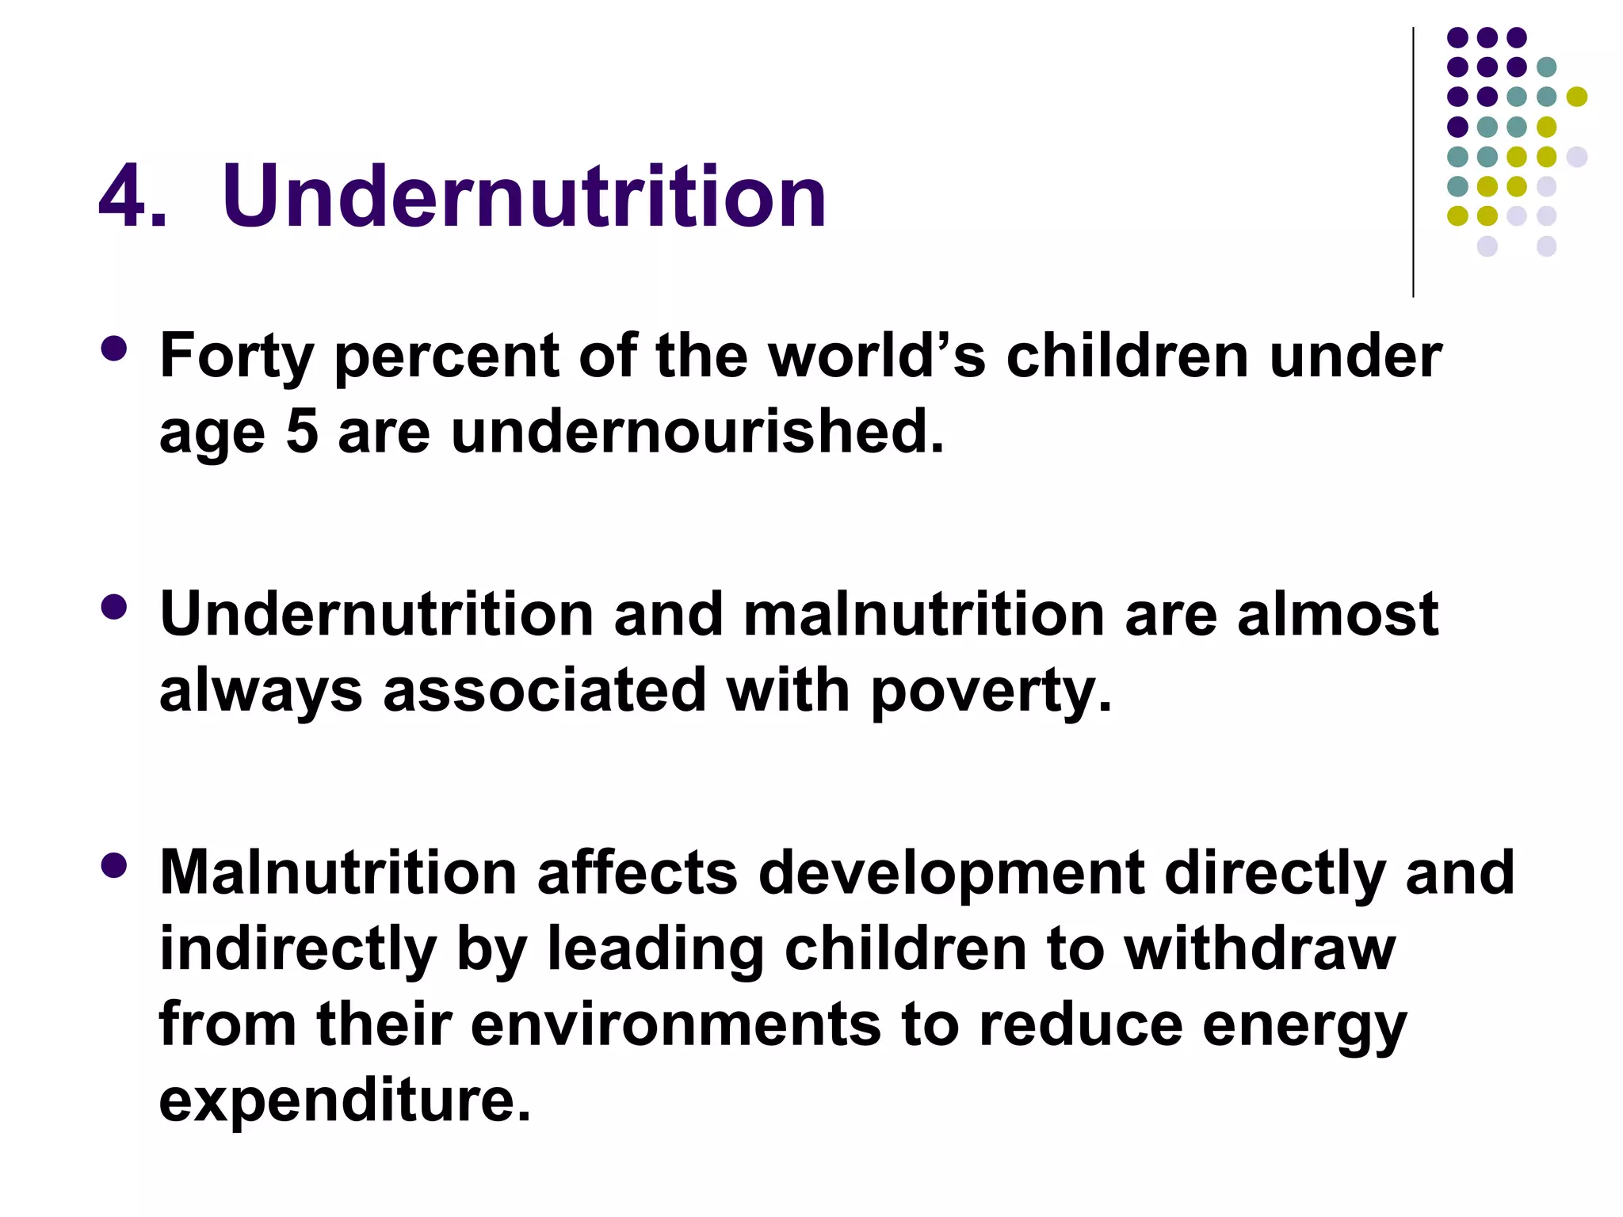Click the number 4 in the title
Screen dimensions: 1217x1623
coord(124,196)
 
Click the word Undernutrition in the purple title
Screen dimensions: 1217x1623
coord(524,196)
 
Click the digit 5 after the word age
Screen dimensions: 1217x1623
coord(301,433)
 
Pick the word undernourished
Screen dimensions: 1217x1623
coord(697,433)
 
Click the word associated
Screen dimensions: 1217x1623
coord(544,690)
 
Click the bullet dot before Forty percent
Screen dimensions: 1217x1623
coord(115,349)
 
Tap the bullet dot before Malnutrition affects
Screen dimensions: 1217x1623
coord(115,865)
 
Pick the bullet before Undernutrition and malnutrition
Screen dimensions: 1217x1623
coord(115,608)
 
